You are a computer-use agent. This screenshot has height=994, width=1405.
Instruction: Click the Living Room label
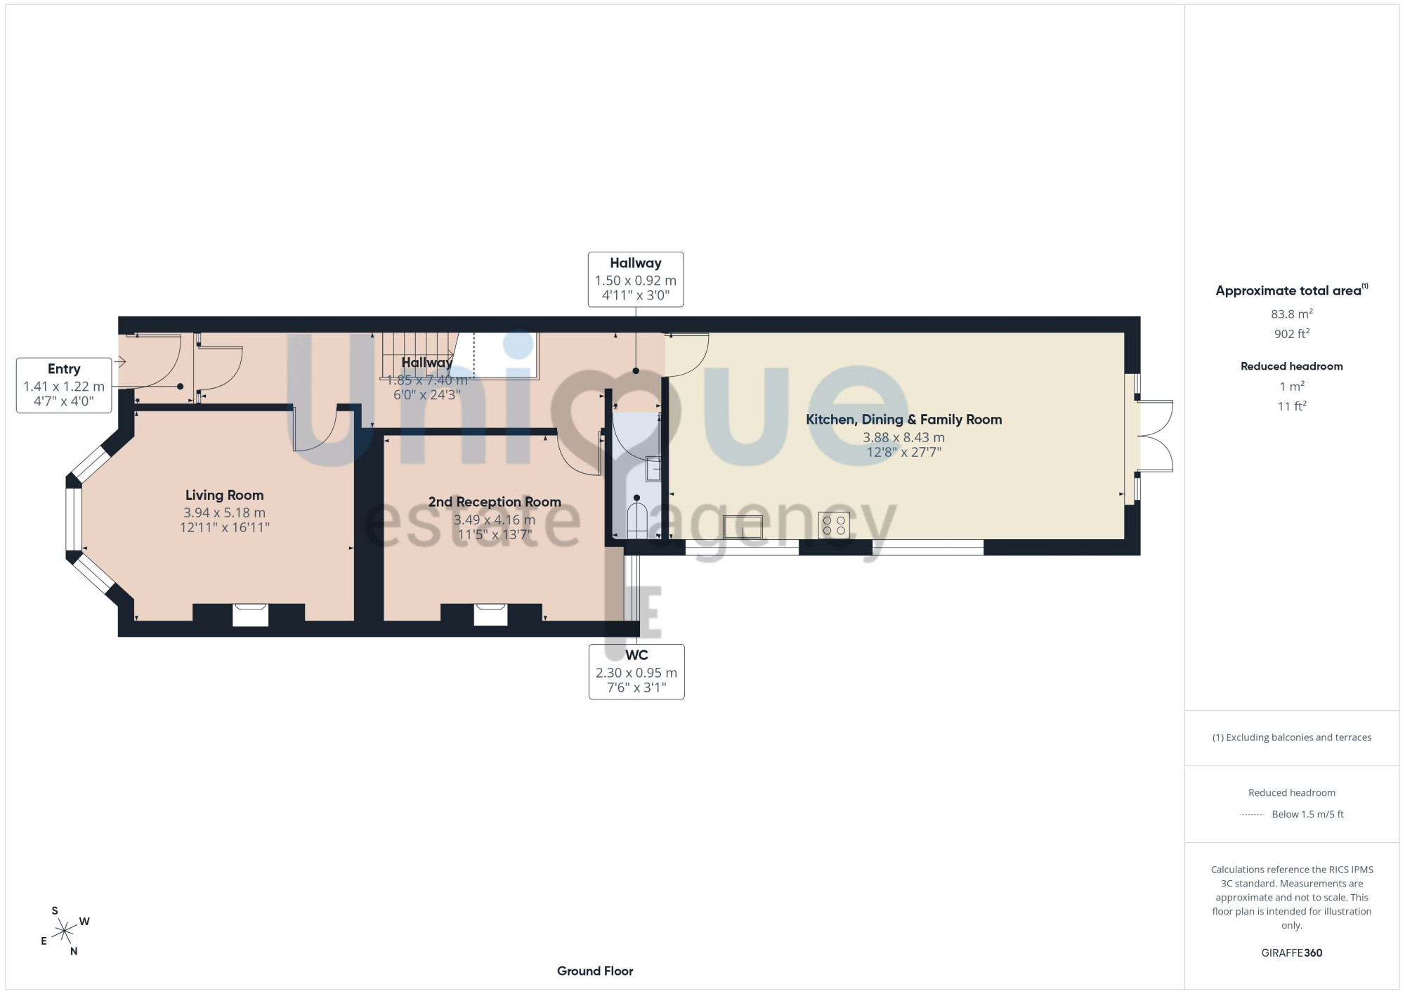coord(225,495)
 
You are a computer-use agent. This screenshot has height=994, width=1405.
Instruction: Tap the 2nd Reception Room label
coord(495,502)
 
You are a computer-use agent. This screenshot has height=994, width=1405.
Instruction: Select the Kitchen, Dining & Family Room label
coord(903,420)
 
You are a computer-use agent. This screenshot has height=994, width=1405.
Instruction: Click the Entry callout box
coord(64,385)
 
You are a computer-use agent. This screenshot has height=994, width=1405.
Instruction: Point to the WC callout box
coord(636,671)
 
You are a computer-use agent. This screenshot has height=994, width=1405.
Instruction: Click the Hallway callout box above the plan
coord(636,280)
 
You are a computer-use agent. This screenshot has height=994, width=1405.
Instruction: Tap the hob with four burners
coord(834,525)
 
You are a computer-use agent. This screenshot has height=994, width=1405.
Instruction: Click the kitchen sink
coord(743,527)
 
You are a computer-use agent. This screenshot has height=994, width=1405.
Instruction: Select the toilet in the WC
coord(637,517)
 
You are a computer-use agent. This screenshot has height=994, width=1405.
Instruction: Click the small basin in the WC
coord(653,469)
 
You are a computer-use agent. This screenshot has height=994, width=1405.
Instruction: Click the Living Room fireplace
coord(251,614)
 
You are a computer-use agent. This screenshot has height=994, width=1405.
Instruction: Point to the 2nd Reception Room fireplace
coord(490,614)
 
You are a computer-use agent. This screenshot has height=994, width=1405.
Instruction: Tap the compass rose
coord(65,931)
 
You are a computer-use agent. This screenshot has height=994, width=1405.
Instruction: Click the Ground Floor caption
coord(595,971)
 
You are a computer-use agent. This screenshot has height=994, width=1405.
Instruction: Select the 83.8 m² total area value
coord(1292,314)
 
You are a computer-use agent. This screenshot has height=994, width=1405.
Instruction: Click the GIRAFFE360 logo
coord(1292,953)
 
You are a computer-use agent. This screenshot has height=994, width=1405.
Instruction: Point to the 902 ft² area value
coord(1292,333)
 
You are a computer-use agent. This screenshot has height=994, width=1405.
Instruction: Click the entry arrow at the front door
coord(119,362)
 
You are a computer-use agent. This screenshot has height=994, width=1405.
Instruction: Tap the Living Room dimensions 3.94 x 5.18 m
coord(225,512)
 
